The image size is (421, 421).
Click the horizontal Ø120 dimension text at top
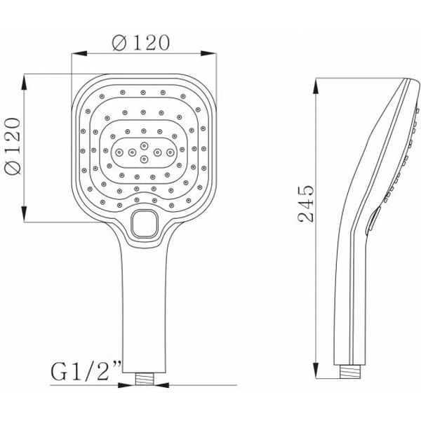click(141, 42)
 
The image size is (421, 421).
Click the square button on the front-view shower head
click(145, 224)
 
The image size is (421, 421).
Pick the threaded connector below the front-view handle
click(145, 380)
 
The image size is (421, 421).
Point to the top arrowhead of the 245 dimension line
click(317, 77)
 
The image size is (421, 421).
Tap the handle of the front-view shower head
click(145, 309)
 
